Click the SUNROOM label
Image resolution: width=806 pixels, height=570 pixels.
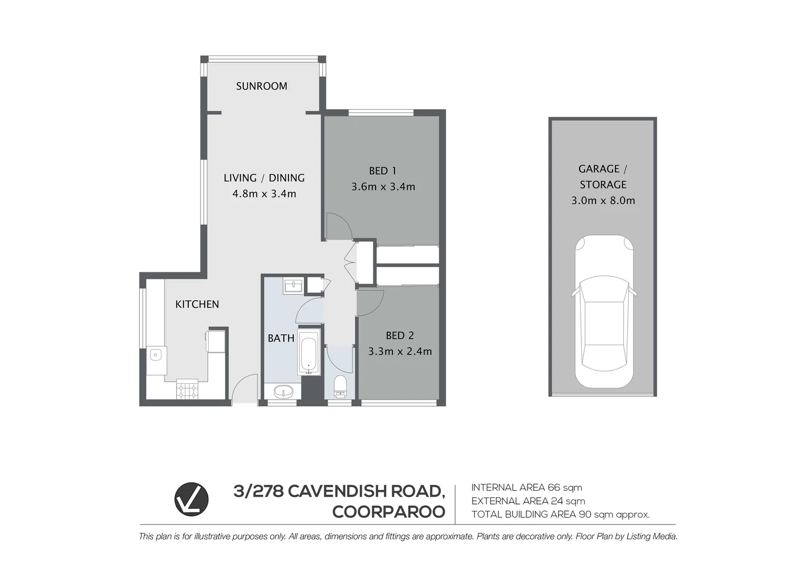click(262, 86)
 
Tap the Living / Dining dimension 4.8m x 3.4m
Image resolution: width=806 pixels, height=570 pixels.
click(264, 194)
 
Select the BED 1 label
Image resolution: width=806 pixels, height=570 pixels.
click(382, 170)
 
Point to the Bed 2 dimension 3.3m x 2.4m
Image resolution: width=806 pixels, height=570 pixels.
click(400, 351)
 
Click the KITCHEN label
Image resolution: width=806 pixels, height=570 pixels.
click(197, 304)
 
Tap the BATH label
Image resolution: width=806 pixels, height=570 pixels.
click(281, 338)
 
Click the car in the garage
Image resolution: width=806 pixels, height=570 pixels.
click(603, 311)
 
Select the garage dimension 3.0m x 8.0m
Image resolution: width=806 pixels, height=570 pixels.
click(603, 201)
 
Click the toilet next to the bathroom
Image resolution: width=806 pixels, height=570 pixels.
click(340, 386)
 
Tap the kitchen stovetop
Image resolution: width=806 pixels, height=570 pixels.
click(187, 389)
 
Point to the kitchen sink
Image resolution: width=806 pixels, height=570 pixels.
click(156, 355)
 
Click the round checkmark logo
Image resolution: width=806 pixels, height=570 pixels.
click(191, 499)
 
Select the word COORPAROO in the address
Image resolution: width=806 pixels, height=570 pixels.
click(389, 512)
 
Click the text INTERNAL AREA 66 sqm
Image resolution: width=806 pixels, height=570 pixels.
click(526, 488)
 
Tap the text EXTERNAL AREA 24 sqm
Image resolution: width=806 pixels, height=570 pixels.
click(528, 501)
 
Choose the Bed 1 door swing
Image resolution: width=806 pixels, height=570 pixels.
click(338, 226)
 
